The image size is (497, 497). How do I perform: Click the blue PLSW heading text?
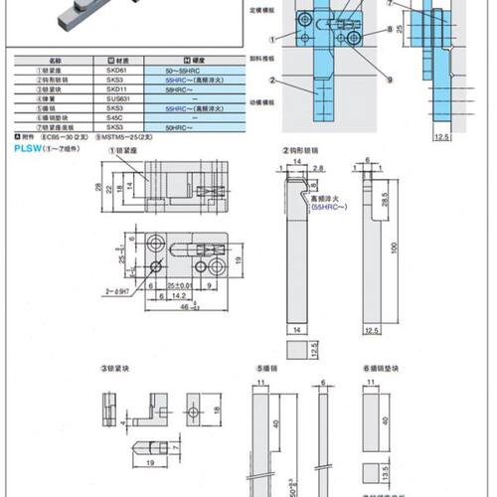(27, 146)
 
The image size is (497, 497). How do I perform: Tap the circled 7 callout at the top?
(391, 4)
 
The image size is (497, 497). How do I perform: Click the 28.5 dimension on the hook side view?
(385, 202)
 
